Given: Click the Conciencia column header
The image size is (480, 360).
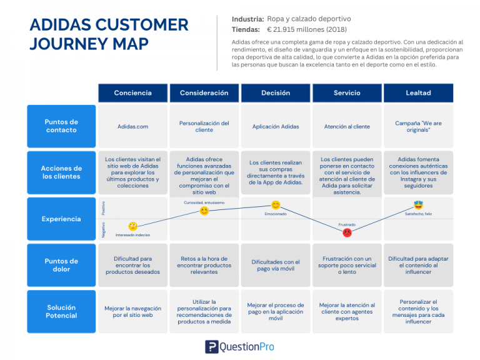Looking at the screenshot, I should coord(132,93).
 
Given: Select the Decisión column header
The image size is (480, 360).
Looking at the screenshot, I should coord(275,93).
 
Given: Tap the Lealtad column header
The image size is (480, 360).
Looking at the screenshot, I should coord(418,93).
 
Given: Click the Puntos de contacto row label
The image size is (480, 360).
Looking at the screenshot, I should coord(61,126).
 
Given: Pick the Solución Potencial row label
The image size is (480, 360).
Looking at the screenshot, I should coord(61,311).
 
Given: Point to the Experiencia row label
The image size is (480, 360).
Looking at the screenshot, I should coord(61,219).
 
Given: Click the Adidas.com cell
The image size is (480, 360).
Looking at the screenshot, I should coord(132,127).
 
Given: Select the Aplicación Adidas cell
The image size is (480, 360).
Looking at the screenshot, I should coord(275,127).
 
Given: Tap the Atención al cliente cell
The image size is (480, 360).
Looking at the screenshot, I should coord(347,127).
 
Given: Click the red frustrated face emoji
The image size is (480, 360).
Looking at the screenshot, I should coord(347,232).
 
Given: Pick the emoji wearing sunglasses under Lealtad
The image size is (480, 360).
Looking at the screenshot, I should coord(418,205).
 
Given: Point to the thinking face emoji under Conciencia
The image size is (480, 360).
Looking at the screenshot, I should coord(132,226).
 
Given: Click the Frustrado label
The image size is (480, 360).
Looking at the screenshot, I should coord(347,224).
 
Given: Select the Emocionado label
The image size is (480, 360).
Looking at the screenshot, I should coord(275,214).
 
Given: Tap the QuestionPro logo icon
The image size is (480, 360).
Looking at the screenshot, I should coord(211,347).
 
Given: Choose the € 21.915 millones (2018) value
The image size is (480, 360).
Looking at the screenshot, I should coord(306,29).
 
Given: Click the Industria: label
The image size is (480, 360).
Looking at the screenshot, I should coord(247,19).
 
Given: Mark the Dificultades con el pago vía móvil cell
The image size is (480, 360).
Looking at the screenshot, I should coord(275,266).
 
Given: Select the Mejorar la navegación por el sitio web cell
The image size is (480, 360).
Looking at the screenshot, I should coord(132,312).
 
